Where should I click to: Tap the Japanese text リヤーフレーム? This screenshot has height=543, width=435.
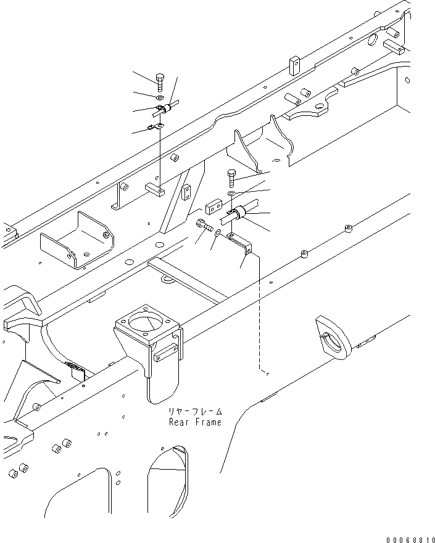click(193, 412)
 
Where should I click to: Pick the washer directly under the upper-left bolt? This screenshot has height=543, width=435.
click(160, 97)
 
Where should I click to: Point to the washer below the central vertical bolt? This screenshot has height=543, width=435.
click(231, 194)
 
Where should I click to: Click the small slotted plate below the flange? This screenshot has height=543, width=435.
click(165, 353)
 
